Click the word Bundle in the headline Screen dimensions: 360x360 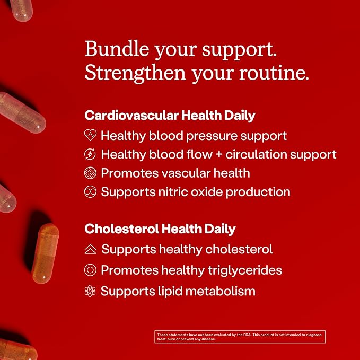point(117,49)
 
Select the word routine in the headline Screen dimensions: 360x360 point(274,73)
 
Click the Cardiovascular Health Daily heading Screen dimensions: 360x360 point(170,115)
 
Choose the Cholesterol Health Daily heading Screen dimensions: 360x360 point(160,229)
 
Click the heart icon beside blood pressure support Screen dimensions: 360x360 point(90,135)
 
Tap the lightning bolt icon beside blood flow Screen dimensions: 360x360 point(90,154)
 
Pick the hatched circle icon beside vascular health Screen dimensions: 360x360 point(90,173)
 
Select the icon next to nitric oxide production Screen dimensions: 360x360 point(90,192)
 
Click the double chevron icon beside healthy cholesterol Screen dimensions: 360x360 point(91,249)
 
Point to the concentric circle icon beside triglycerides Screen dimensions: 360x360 point(90,270)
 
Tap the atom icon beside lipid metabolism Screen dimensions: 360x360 point(90,291)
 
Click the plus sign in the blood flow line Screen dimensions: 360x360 point(219,154)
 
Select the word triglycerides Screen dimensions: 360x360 point(245,270)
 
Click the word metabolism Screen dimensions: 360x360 point(221,291)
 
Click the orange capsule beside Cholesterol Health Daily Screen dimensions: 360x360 point(45,253)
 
